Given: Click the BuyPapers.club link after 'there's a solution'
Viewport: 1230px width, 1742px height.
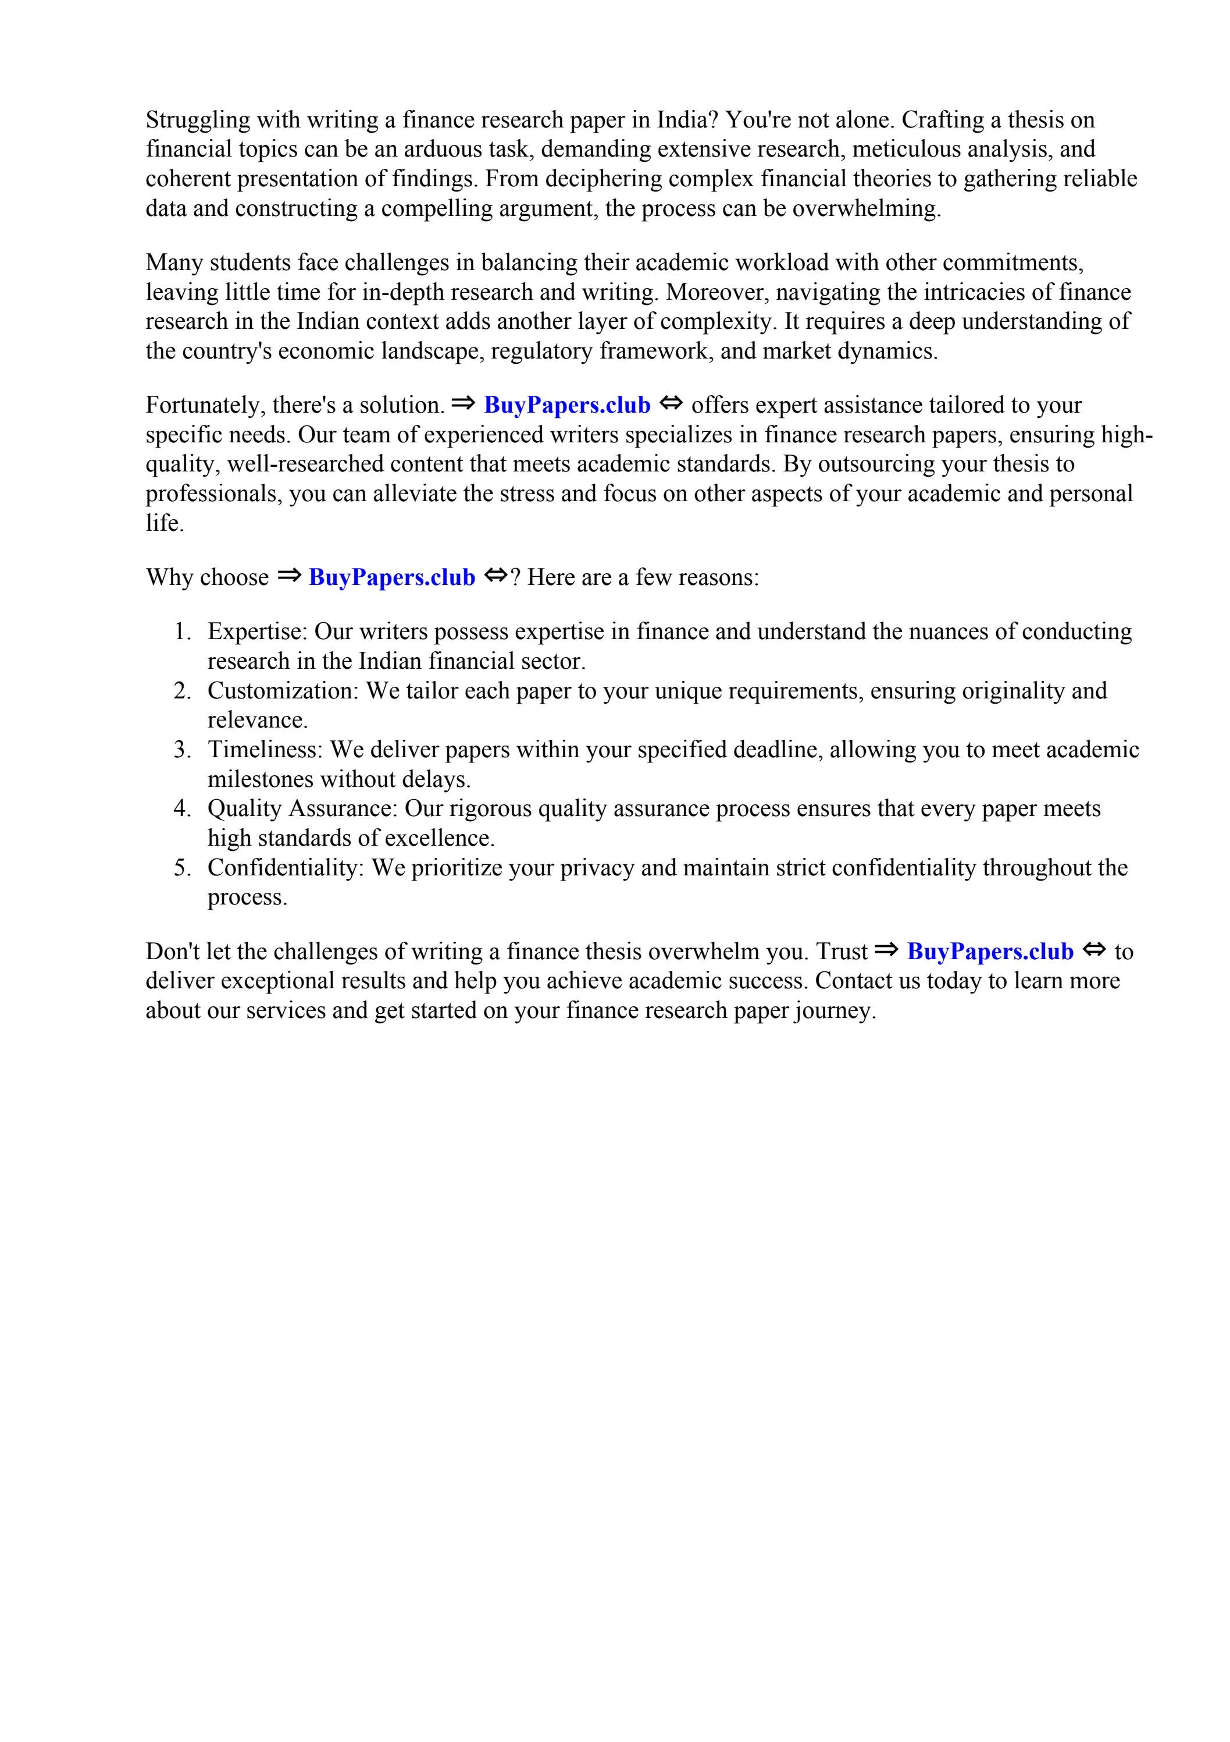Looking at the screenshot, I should (566, 405).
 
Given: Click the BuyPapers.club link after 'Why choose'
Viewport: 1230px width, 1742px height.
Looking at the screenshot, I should (391, 577).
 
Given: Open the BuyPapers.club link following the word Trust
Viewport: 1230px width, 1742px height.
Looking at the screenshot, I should (990, 952).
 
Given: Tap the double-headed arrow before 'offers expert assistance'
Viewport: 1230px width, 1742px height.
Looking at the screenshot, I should (671, 404).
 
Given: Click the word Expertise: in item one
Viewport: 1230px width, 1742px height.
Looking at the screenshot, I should (257, 632).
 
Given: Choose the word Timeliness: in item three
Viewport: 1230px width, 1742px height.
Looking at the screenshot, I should (265, 750).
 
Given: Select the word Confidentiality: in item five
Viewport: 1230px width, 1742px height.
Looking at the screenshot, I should (286, 868).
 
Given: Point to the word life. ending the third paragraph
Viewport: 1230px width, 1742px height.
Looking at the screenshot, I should (165, 523).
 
